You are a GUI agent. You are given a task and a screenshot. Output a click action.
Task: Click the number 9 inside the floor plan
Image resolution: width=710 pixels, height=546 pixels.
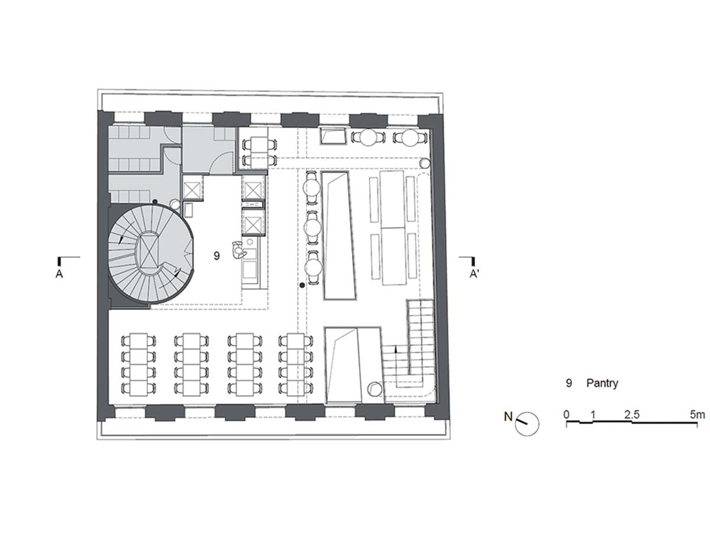217,256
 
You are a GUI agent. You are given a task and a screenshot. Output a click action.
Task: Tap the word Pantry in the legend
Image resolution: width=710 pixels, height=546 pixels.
602,383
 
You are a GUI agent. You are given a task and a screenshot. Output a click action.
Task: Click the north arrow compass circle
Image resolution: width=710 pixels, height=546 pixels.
527,424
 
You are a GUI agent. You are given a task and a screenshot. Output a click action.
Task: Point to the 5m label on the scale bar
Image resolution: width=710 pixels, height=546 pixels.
697,415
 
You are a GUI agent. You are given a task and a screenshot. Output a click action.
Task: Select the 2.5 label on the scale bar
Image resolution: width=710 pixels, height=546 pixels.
631,415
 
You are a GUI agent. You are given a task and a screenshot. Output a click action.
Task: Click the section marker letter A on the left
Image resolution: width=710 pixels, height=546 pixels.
59,274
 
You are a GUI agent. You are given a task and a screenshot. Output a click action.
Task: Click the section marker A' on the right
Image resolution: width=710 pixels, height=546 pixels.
474,274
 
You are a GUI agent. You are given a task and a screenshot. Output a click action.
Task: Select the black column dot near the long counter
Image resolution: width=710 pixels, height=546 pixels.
302,285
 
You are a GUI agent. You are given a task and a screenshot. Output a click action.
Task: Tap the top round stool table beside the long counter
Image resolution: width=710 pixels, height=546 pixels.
312,188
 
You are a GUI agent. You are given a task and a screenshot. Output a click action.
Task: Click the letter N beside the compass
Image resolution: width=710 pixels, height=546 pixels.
508,416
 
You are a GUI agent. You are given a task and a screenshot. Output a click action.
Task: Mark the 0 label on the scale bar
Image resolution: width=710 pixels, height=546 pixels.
566,415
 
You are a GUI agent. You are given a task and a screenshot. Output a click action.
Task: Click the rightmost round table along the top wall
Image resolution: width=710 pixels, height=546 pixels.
411,137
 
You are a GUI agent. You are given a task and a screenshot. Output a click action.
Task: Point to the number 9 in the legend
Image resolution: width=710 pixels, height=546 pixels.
569,383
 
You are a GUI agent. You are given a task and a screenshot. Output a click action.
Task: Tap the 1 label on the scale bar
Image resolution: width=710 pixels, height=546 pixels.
593,415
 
